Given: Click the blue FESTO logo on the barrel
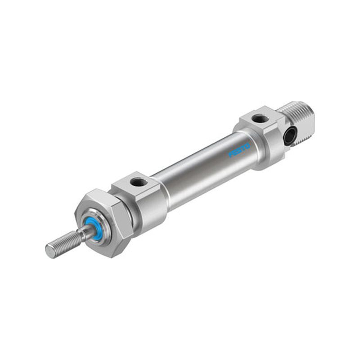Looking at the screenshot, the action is coord(239,150).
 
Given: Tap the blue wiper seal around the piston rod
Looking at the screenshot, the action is coord(94,228).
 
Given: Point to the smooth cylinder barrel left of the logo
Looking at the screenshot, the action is coord(195,175).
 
